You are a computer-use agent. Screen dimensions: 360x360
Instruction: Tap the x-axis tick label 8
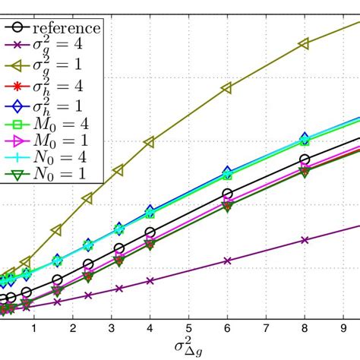[x=305, y=328]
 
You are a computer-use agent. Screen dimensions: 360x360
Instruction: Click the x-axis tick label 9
[x=343, y=328]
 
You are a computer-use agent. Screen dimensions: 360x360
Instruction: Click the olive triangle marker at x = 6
[x=226, y=89]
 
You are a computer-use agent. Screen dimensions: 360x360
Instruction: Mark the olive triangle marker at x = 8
[x=304, y=44]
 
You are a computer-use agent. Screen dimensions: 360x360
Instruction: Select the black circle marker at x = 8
[x=305, y=159]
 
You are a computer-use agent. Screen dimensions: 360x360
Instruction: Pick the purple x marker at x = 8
[x=305, y=240]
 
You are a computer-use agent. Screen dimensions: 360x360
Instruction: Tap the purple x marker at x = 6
[x=227, y=261]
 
